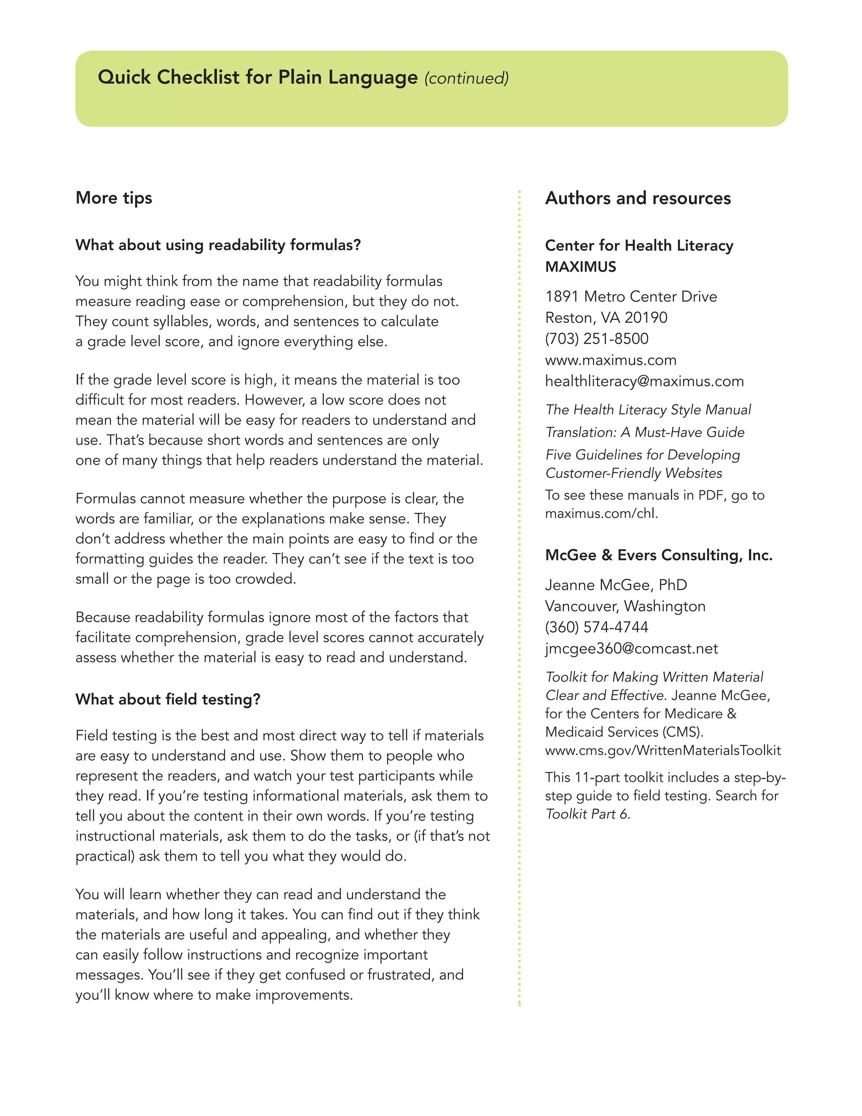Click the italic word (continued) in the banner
pos(466,78)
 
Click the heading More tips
pos(114,198)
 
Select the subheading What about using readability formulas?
pos(218,245)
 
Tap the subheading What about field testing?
pos(168,699)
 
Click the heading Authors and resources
pos(638,198)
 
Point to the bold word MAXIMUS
pos(580,267)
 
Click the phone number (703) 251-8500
pos(596,339)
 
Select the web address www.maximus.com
pos(611,360)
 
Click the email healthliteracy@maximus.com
pos(644,381)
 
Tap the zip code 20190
pos(646,318)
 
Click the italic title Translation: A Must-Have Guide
pos(644,433)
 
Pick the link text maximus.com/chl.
pos(601,513)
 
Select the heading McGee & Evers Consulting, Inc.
pos(659,555)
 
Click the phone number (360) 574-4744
pos(596,627)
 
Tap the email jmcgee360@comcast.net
pos(631,649)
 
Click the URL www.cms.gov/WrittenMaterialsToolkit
pos(663,750)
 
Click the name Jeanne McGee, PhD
pos(616,585)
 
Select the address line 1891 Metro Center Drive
pos(631,296)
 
